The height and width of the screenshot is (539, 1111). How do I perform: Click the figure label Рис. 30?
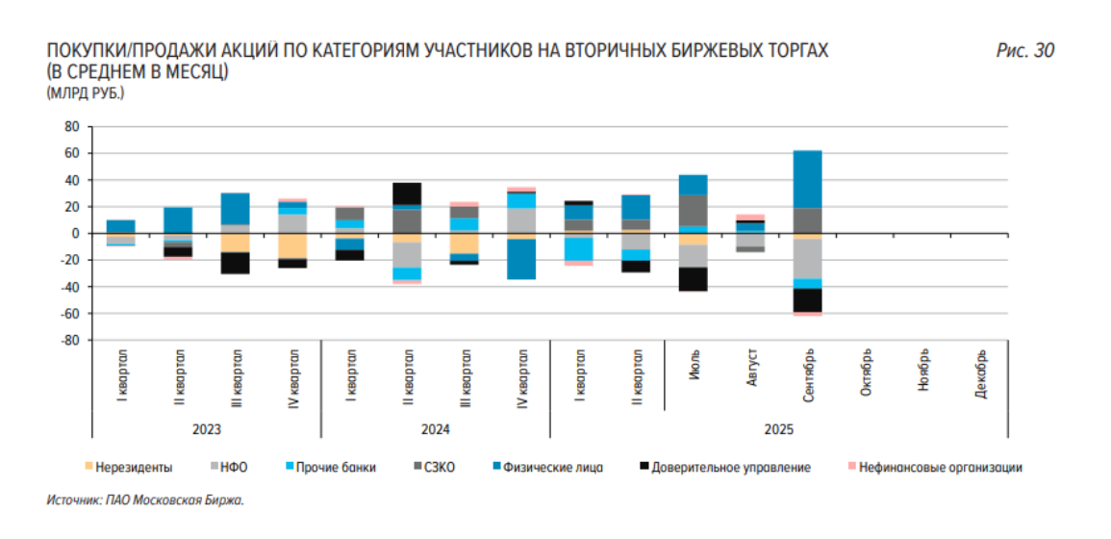[x=1024, y=51]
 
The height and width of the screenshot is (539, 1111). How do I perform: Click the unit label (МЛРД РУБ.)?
[x=85, y=93]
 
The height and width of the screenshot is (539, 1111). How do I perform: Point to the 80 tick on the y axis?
[x=70, y=126]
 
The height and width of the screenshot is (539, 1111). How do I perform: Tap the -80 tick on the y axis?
[x=67, y=341]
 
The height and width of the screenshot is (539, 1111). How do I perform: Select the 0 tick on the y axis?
[x=73, y=234]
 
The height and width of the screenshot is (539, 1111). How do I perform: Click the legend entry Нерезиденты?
[x=134, y=468]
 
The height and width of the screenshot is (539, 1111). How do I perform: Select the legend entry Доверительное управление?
[x=730, y=468]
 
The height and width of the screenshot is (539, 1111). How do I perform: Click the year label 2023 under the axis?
[x=206, y=429]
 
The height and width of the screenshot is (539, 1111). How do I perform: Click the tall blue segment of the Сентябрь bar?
[x=808, y=179]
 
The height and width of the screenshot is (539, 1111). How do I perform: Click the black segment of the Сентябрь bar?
[x=808, y=300]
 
